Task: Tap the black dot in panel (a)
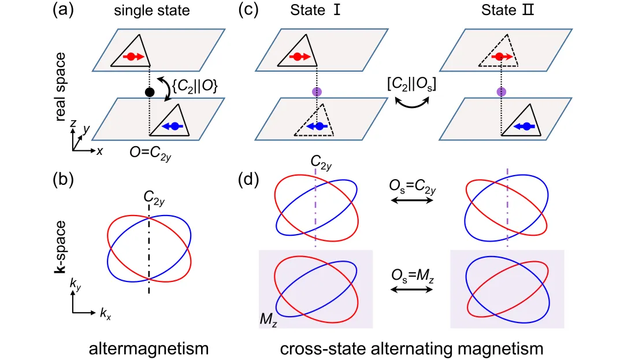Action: coord(150,92)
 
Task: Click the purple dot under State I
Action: coord(316,92)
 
